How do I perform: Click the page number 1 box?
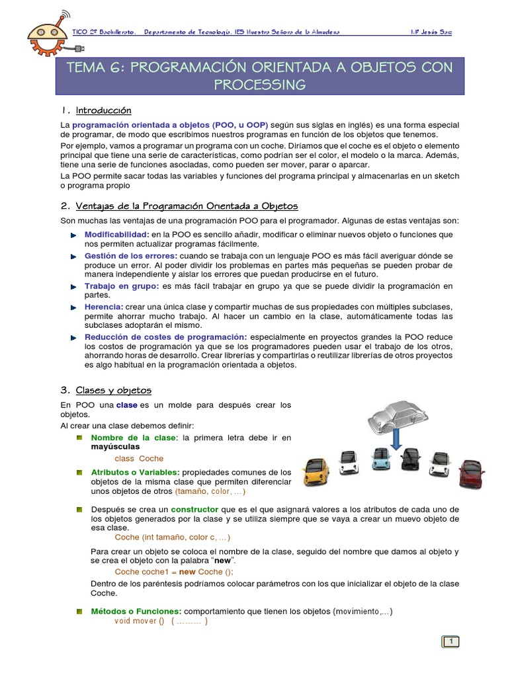coord(450,641)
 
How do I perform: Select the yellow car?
coord(316,471)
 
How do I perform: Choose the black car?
coord(411,458)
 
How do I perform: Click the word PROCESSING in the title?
coord(260,85)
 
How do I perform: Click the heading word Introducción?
coord(104,110)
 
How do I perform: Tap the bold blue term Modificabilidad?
coord(116,235)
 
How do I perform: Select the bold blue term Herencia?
coord(104,307)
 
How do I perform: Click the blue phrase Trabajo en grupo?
coord(122,286)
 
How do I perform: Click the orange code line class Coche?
coord(139,458)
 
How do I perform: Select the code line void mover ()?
coord(161,621)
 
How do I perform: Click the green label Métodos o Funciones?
coord(136,612)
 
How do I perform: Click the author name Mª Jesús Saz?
coord(431,32)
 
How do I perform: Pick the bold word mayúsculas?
coord(115,447)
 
